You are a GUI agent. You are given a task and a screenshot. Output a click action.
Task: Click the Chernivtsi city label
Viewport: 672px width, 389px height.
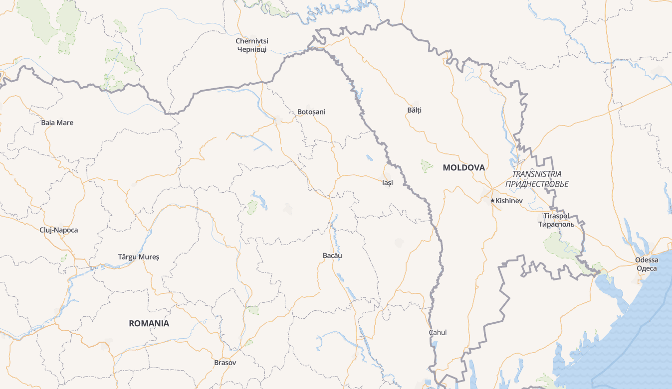[x=252, y=41]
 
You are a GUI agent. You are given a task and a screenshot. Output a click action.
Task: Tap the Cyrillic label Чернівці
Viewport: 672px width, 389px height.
[x=252, y=49]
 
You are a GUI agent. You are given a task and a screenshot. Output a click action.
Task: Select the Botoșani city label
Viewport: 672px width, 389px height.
[x=311, y=112]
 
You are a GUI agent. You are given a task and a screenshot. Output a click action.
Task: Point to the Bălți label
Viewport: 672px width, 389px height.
[x=414, y=110]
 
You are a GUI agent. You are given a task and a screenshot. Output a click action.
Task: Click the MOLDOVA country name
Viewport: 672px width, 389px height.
[x=463, y=168]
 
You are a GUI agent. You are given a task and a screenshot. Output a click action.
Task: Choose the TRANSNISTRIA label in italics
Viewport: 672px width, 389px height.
[x=536, y=174]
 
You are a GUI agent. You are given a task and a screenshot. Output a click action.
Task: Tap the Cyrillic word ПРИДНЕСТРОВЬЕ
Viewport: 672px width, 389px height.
[x=536, y=184]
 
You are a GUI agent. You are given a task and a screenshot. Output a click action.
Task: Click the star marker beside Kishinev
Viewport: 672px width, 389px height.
[x=492, y=201]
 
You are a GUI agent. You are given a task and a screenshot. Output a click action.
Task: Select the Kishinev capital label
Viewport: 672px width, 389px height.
[x=509, y=201]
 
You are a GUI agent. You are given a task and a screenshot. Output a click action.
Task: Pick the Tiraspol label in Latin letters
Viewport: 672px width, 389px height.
[x=556, y=216]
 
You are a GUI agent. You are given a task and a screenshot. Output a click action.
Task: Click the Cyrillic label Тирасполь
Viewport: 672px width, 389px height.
[x=556, y=224]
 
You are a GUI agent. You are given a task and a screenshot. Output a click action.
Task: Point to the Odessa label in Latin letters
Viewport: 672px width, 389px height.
[x=647, y=260]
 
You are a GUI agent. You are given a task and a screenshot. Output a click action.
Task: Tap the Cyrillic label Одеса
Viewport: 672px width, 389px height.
[x=647, y=268]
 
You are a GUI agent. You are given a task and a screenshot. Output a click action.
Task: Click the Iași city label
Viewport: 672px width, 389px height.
[x=387, y=183]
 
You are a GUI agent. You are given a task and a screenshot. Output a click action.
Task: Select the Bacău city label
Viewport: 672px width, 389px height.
[x=332, y=256]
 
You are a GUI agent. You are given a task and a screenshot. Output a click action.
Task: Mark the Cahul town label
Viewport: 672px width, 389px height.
[x=438, y=332]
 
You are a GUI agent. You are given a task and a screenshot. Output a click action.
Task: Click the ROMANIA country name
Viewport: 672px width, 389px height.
[x=149, y=323]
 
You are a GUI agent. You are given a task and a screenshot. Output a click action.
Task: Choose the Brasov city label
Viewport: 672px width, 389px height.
[x=225, y=363]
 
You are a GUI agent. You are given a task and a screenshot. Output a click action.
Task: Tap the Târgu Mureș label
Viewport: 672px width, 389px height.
[x=138, y=257]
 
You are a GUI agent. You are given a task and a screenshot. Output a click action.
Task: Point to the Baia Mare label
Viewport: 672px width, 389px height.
[x=57, y=123]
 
